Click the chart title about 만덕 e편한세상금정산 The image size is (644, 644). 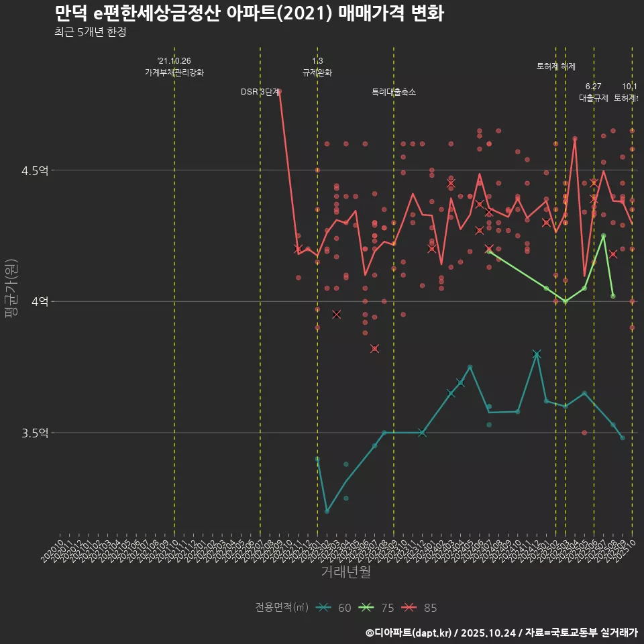(x=248, y=13)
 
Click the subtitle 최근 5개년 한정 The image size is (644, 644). (x=90, y=32)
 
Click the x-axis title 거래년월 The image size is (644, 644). (x=345, y=572)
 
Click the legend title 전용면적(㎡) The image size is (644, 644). (x=281, y=608)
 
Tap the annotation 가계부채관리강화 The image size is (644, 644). (x=174, y=72)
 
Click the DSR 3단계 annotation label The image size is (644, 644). (x=260, y=92)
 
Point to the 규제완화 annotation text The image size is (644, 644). (x=317, y=72)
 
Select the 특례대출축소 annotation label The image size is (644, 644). (x=394, y=92)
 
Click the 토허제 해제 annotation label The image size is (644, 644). (x=556, y=66)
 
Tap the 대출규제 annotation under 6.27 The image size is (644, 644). (x=594, y=97)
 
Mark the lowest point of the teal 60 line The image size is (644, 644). (x=327, y=511)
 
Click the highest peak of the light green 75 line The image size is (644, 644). (x=604, y=235)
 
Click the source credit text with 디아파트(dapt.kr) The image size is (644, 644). (x=501, y=633)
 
